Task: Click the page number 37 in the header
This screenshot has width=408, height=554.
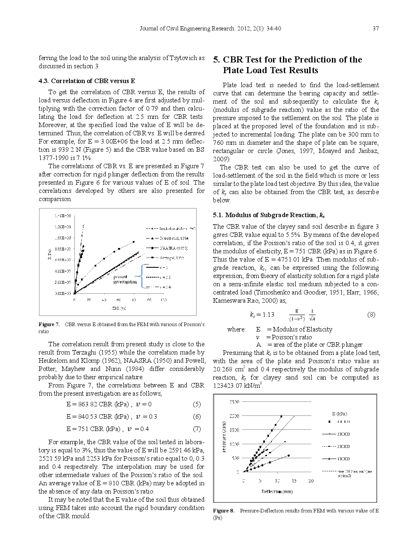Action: coord(375,28)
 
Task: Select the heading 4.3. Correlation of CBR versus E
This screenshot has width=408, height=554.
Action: coord(87,81)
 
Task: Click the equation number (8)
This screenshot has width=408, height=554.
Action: coord(371,315)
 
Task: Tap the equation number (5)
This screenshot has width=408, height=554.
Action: coord(197,404)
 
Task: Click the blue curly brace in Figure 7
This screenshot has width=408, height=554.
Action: coord(142,276)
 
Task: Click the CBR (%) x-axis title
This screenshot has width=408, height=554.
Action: coord(118,308)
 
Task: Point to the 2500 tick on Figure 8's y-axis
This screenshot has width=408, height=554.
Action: coord(234,401)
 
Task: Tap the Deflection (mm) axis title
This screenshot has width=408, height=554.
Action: coord(277,491)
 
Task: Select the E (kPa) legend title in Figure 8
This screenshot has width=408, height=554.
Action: coord(339,414)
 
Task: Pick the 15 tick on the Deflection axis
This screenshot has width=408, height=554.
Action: coord(294,480)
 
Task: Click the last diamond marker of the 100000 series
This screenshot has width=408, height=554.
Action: coord(288,455)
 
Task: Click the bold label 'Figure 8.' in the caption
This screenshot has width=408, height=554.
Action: coord(223,510)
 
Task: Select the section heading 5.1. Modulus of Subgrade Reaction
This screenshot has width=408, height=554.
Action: coord(269,215)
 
